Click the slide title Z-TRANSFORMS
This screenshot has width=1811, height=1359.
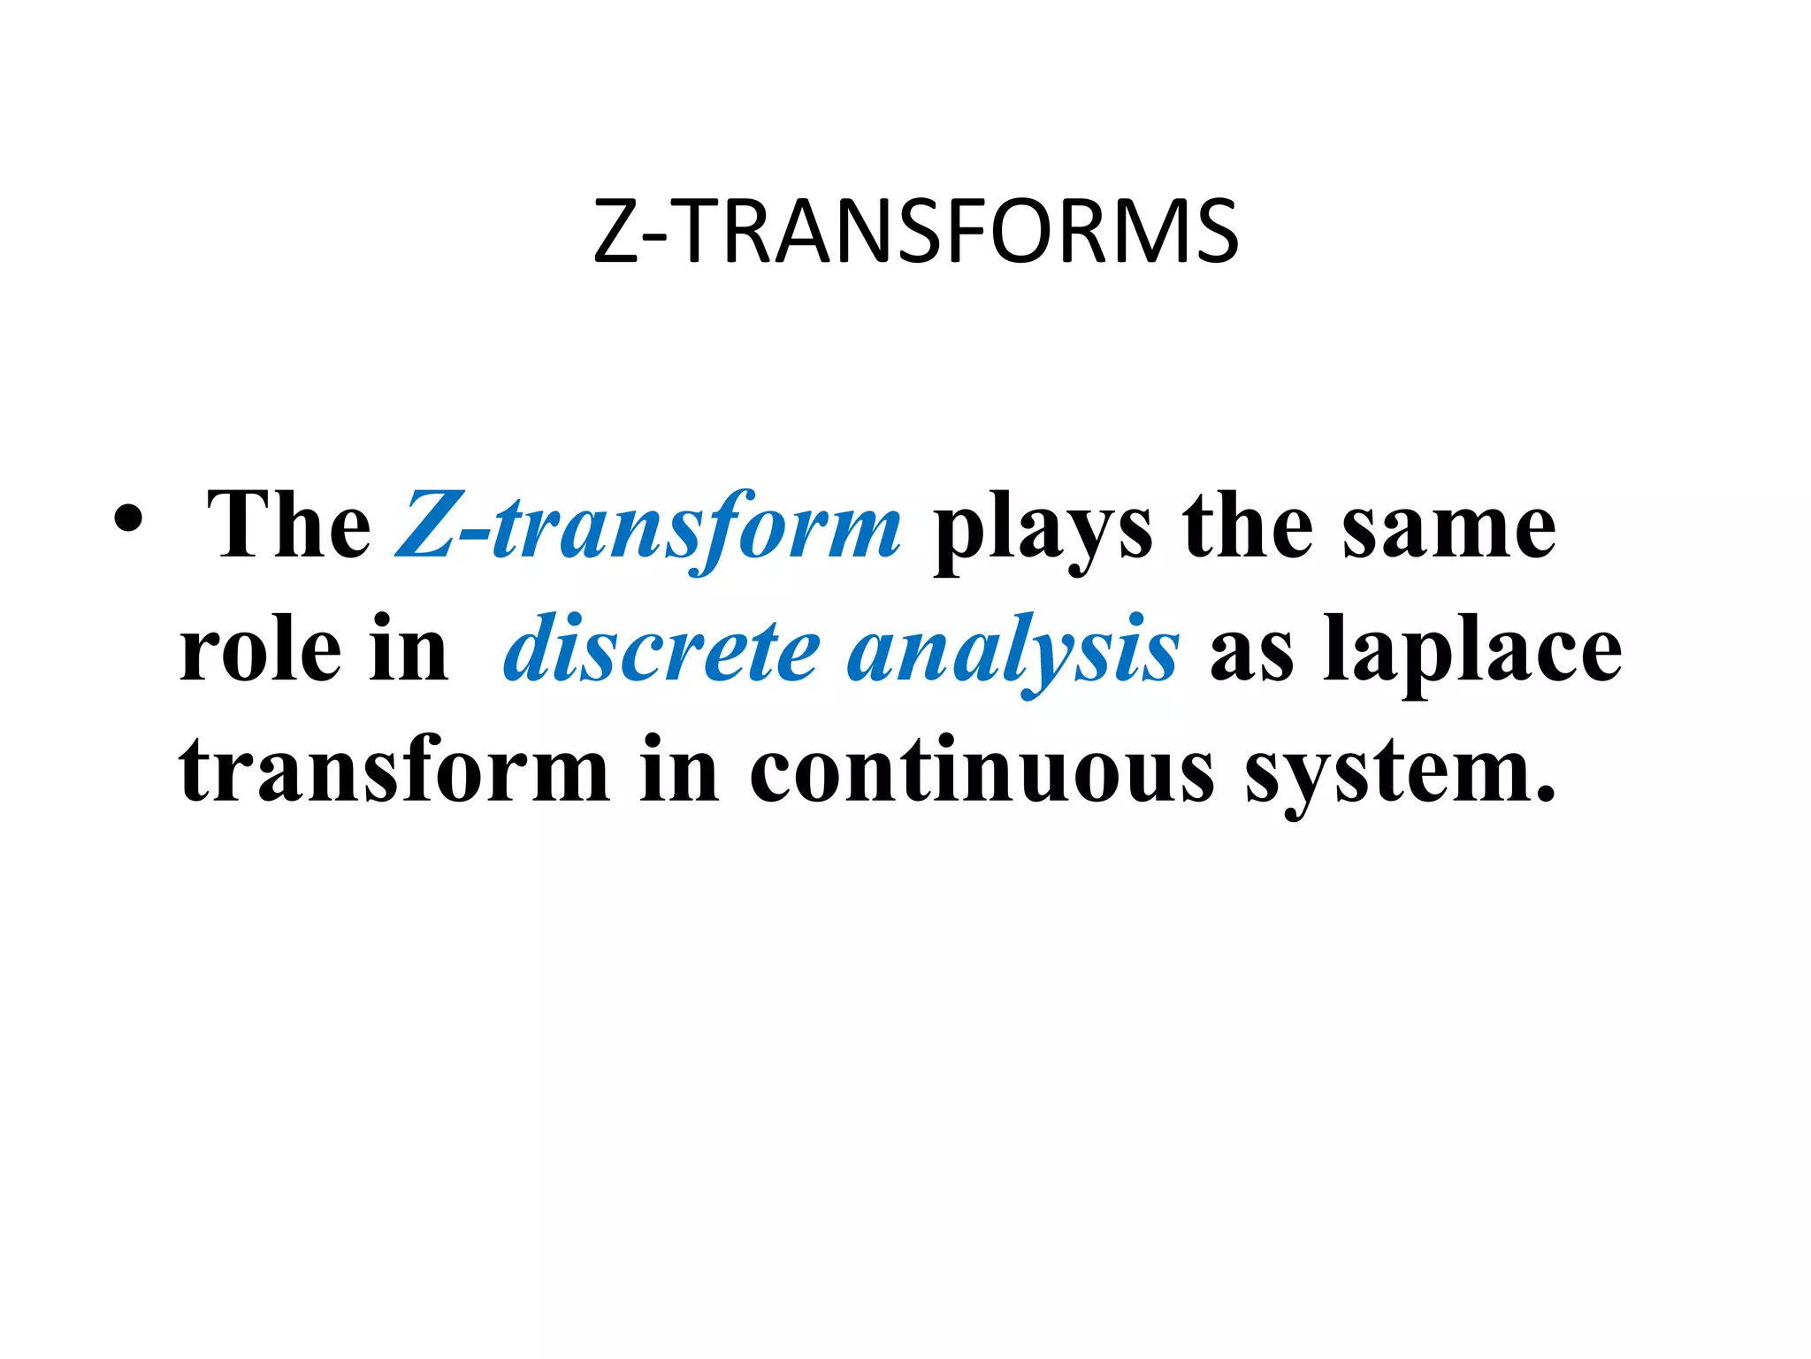916,232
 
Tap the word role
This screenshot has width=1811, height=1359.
260,651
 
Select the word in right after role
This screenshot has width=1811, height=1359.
409,649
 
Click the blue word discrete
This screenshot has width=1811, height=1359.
661,651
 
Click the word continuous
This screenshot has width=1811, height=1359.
982,772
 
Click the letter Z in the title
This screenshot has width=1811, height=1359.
616,232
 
